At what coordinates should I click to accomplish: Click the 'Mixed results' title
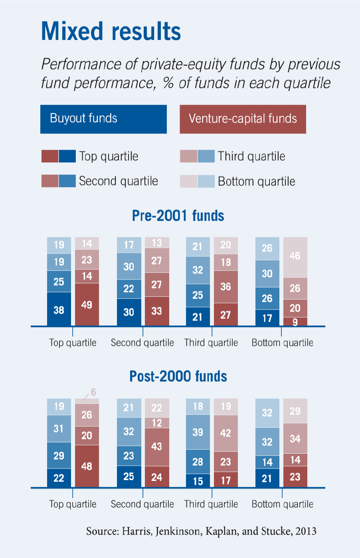[111, 31]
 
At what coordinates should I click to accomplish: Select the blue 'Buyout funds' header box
[103, 119]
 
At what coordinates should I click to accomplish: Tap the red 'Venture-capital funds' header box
[243, 119]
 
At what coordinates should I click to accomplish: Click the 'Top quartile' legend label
[109, 156]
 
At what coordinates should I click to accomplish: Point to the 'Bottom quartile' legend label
[256, 181]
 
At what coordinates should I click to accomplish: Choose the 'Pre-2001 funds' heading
[178, 216]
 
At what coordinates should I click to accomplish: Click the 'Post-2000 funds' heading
[178, 376]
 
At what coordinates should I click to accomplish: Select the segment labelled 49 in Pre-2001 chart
[87, 305]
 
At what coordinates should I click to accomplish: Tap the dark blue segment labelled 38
[59, 310]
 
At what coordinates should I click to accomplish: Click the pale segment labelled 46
[295, 256]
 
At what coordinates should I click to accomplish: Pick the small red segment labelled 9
[295, 322]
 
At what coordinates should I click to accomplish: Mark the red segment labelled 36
[225, 287]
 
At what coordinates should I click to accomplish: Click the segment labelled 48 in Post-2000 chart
[87, 466]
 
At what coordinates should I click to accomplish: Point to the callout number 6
[93, 392]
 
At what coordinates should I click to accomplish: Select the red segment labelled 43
[156, 447]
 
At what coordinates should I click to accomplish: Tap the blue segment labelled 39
[198, 432]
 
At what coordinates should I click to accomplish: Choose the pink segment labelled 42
[225, 433]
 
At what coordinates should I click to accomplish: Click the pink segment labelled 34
[295, 439]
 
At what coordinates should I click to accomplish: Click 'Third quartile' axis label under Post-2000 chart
[211, 504]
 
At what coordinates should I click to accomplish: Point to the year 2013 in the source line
[306, 531]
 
